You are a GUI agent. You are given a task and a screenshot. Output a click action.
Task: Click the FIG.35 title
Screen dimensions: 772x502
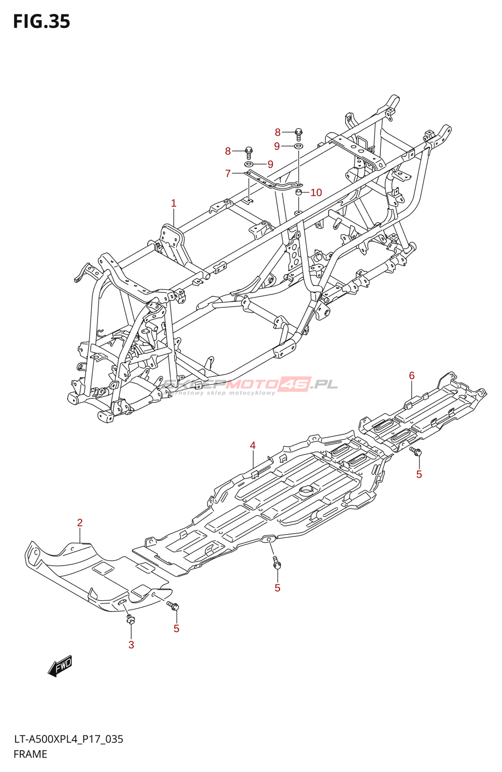pos(42,22)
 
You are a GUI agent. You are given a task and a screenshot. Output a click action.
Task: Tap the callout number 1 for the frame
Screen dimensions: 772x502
pos(174,203)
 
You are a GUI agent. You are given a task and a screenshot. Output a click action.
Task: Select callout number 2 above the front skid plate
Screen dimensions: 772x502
pos(80,523)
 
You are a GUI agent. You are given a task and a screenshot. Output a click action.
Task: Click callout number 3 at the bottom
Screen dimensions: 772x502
pos(131,645)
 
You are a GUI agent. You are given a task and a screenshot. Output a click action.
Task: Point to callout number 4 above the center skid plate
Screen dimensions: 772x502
pos(252,445)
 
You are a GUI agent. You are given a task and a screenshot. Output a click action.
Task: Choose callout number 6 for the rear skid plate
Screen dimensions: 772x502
pos(412,375)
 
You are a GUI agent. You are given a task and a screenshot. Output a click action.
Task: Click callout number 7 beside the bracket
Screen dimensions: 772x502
pos(228,173)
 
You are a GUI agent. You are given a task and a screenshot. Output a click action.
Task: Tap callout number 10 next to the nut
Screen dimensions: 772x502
pos(316,193)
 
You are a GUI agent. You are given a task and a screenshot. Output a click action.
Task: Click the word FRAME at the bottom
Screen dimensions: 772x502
pos(30,754)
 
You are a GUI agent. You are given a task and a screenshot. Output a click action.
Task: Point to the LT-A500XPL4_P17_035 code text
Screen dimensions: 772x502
pos(69,739)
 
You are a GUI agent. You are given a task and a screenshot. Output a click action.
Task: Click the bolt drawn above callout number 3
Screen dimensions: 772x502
pos(130,619)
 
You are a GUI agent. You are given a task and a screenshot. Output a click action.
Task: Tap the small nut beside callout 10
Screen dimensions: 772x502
pos(299,193)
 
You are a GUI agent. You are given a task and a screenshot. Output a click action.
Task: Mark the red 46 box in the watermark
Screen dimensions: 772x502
pos(294,384)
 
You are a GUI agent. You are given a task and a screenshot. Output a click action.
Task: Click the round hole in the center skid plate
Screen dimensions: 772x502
pos(307,490)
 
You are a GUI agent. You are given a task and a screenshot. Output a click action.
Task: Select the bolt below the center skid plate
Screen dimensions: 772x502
pos(277,563)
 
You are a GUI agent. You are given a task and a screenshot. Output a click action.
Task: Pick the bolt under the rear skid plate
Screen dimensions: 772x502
pos(416,452)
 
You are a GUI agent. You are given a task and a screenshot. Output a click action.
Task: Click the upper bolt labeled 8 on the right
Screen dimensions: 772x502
pos(298,132)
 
